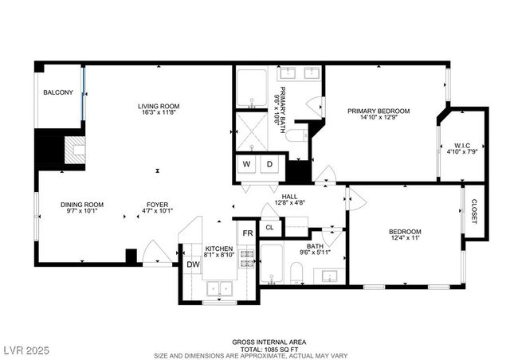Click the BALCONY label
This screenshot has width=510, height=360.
tap(58, 92)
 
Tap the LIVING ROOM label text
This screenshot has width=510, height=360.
tap(158, 106)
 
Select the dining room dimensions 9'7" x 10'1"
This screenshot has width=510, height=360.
tap(83, 212)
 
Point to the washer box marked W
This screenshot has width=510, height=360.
tap(246, 165)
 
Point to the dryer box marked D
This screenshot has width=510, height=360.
tap(270, 165)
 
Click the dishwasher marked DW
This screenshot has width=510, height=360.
tap(193, 264)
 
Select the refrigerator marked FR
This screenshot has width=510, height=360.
tap(248, 233)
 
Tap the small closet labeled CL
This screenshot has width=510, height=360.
tap(269, 227)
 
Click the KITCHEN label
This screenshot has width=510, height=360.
tap(219, 248)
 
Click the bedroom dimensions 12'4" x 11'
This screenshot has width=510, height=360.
tap(405, 237)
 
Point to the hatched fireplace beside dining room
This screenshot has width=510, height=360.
tap(74, 151)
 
